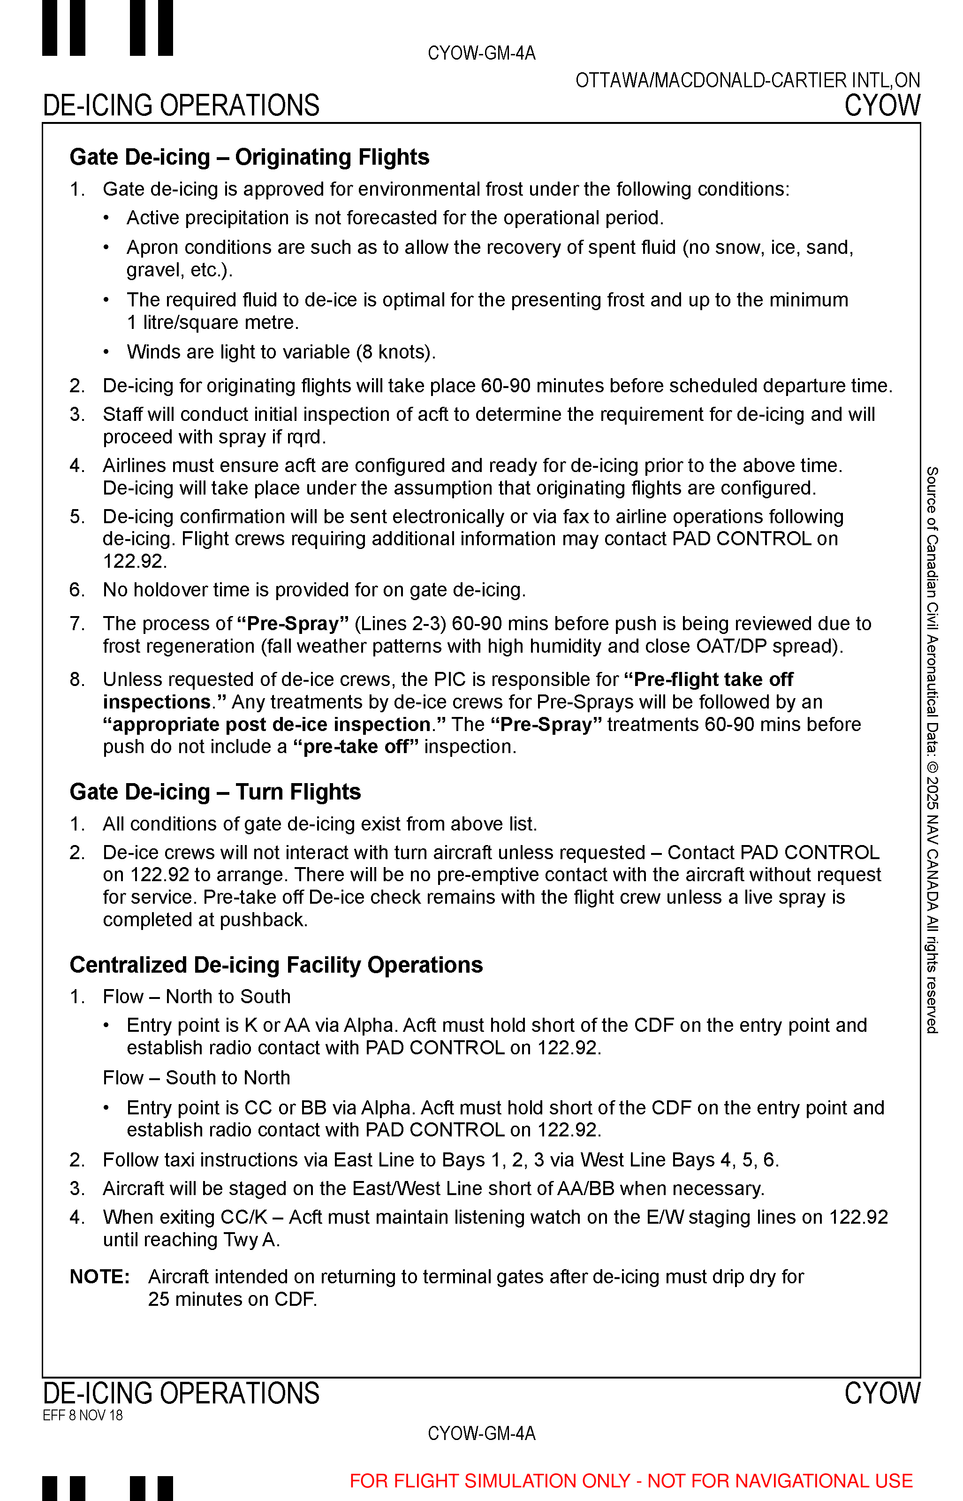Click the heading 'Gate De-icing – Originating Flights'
click(x=249, y=157)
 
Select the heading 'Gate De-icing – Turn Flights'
click(x=215, y=792)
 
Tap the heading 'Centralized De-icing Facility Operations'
click(x=276, y=965)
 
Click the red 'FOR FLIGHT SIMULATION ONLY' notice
click(x=630, y=1481)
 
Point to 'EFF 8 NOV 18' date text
click(x=83, y=1415)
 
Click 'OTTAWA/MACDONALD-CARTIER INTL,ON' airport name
click(x=747, y=81)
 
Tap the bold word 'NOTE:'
click(x=99, y=1276)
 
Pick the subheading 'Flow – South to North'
click(x=197, y=1078)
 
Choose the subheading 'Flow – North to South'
click(x=197, y=996)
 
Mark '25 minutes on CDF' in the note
click(x=232, y=1299)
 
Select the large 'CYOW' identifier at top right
click(x=882, y=105)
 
